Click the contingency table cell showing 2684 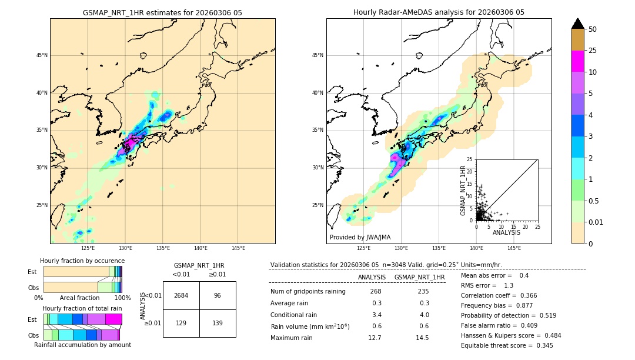coord(181,295)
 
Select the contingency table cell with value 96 coord(218,295)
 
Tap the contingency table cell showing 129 coord(181,324)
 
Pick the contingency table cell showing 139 coord(218,324)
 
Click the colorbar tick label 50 coord(593,29)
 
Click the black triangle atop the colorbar coord(578,24)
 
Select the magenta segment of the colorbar coord(578,61)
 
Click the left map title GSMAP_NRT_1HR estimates coord(162,12)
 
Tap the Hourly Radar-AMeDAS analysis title coord(439,12)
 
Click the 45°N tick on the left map coord(42,55)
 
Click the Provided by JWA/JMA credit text coord(360,238)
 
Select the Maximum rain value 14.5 coord(422,338)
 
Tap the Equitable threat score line coord(507,345)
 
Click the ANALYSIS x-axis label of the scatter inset coord(506,232)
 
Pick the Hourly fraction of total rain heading coord(82,309)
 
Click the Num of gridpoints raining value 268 coord(376,292)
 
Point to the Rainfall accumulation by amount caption coord(82,345)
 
